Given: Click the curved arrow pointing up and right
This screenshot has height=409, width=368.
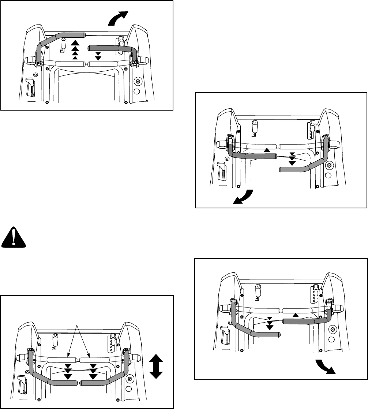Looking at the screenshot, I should point(119,18).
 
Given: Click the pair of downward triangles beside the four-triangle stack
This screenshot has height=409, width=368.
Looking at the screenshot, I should point(98,56).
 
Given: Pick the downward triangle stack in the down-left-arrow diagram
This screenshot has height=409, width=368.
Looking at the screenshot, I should point(292,159).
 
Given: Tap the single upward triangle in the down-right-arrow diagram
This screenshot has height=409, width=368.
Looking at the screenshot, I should point(295,315).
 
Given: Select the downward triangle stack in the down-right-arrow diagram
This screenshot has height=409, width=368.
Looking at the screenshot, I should point(270,323).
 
